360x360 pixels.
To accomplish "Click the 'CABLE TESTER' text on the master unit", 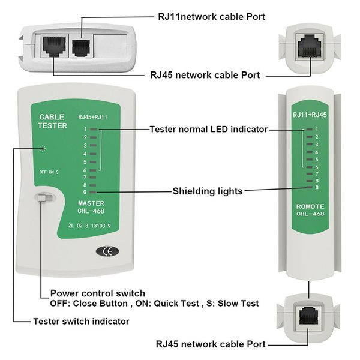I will click(53, 121).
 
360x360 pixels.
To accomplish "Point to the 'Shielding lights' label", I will click(208, 191).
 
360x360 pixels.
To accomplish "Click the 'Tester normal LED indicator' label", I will click(208, 129).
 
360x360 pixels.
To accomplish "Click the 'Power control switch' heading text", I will click(97, 293).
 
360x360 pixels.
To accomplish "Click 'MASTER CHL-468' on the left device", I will click(92, 208).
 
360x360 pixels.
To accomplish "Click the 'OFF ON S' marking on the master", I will click(49, 172).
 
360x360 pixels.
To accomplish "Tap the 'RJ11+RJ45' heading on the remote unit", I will click(310, 115).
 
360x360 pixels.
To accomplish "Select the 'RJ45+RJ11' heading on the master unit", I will click(92, 116).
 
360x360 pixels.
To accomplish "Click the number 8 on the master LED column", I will click(85, 185).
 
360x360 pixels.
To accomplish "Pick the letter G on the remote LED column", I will click(316, 188).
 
